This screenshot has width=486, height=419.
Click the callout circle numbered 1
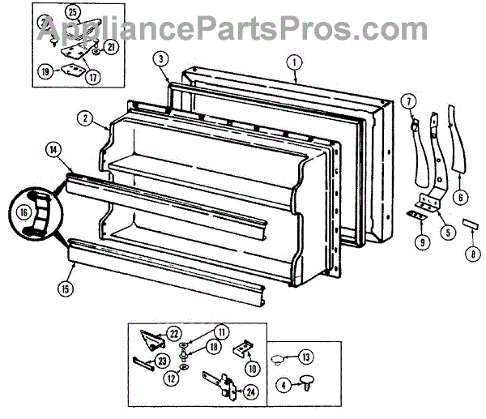click(295, 60)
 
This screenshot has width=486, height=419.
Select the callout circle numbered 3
click(161, 58)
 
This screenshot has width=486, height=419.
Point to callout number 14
click(53, 149)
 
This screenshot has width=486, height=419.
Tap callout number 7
click(410, 100)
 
